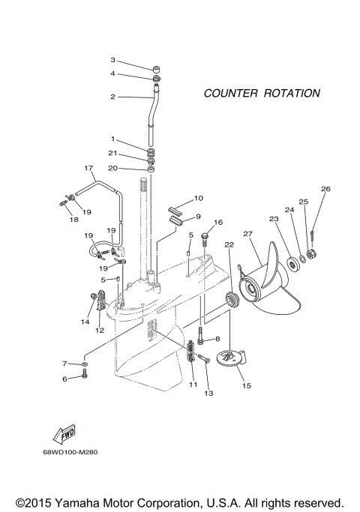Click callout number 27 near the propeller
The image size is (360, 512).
(x=248, y=235)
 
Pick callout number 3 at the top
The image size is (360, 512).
(x=113, y=60)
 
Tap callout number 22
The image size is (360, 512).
(x=229, y=244)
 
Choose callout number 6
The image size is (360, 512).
(x=64, y=379)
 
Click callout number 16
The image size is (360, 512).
(x=218, y=223)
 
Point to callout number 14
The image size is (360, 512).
(x=85, y=322)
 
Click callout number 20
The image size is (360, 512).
(x=113, y=168)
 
